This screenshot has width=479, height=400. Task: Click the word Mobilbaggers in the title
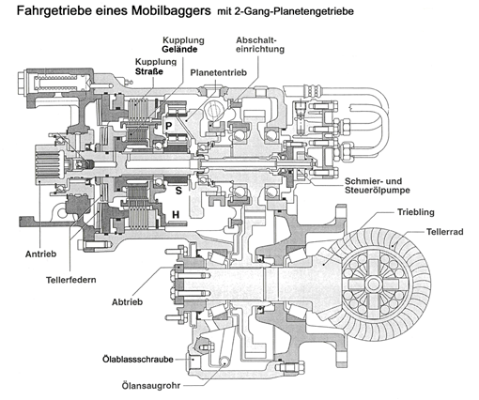click(171, 10)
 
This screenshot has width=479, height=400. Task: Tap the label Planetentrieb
click(219, 72)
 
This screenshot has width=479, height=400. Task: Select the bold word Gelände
click(179, 49)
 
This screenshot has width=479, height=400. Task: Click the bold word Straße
click(149, 71)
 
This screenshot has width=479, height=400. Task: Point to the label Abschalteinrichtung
click(260, 45)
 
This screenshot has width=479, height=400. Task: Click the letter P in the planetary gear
click(168, 126)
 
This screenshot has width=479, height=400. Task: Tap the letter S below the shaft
click(178, 191)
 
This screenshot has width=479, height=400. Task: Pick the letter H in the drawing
click(176, 214)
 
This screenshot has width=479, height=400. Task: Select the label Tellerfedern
click(71, 280)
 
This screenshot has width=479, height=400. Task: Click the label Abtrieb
click(128, 302)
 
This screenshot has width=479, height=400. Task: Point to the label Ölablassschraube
click(138, 359)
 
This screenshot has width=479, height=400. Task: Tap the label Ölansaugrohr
click(151, 385)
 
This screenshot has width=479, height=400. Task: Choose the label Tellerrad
click(444, 232)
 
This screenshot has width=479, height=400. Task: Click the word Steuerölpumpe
click(378, 190)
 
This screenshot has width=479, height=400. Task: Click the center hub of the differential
click(373, 285)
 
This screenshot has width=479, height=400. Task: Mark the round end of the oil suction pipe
click(224, 361)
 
